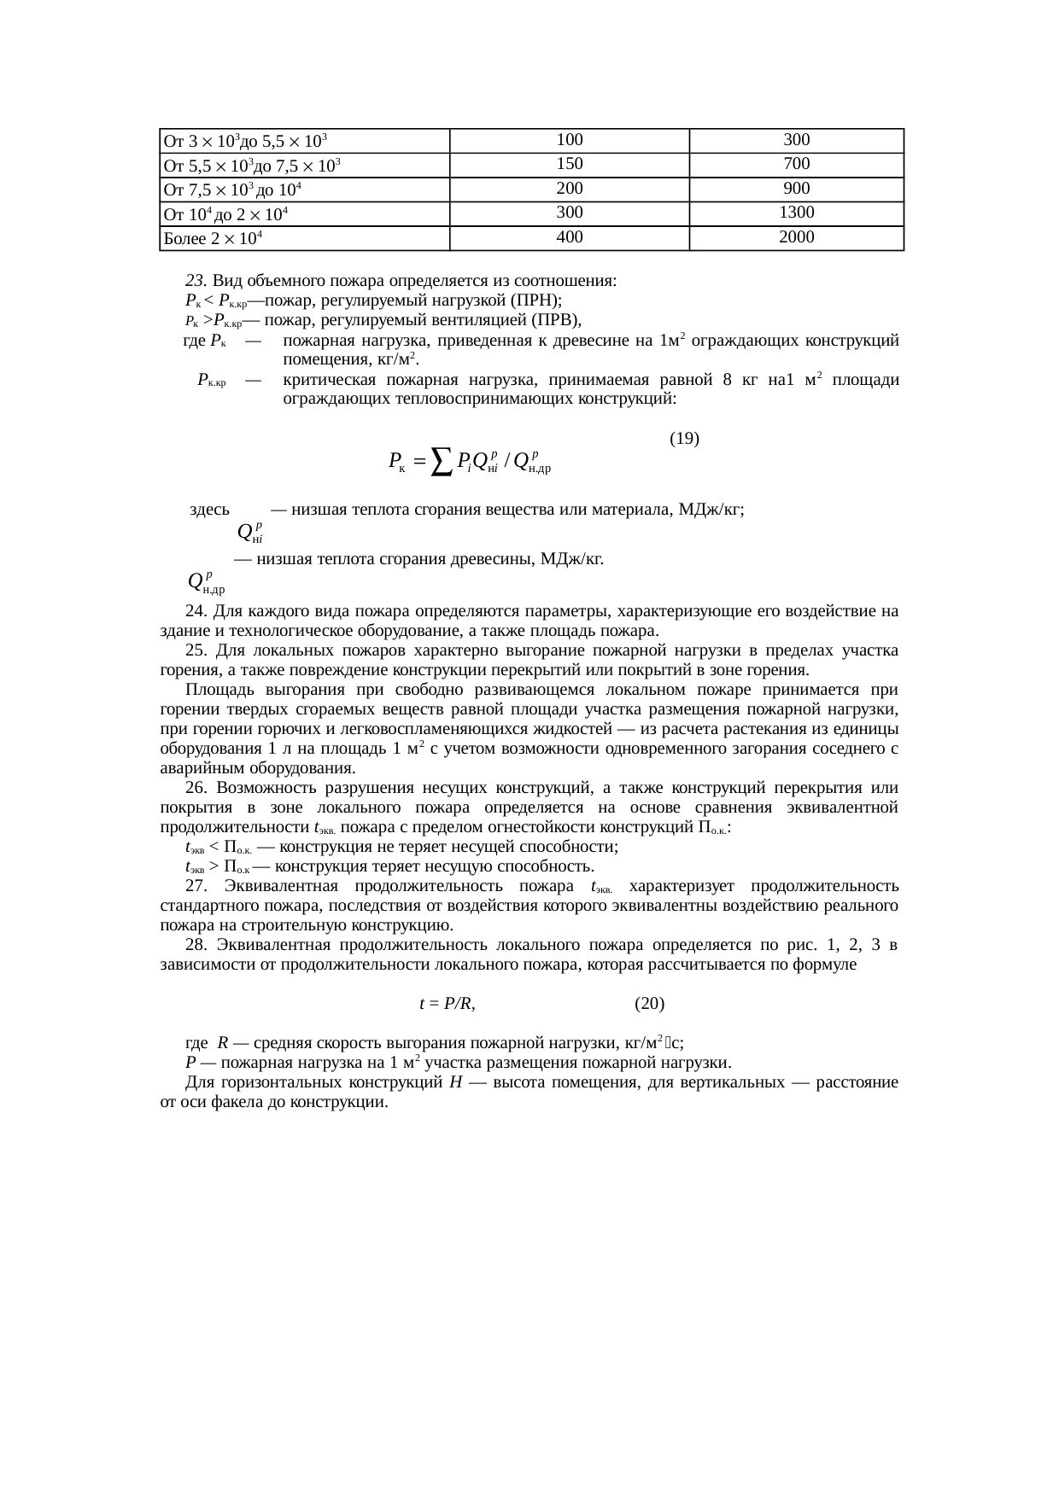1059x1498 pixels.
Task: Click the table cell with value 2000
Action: pos(796,237)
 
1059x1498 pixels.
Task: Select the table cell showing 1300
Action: pos(796,213)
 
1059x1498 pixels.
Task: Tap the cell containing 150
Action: pos(569,164)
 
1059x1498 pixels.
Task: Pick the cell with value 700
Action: pos(796,164)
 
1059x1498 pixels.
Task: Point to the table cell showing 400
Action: pos(569,237)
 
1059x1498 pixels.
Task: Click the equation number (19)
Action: pos(684,439)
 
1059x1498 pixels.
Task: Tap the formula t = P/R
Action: pos(447,1004)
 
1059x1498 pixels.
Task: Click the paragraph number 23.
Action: pos(196,281)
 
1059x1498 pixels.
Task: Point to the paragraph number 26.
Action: pos(196,788)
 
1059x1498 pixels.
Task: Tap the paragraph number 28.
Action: pos(196,945)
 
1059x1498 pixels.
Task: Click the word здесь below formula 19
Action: pos(209,510)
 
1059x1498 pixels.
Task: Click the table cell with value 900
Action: pos(796,189)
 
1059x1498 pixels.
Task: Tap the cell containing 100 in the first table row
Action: pos(569,140)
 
